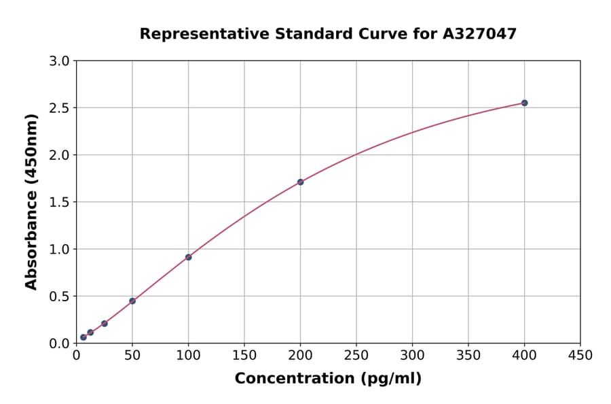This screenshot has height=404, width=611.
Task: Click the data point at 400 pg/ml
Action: click(x=524, y=103)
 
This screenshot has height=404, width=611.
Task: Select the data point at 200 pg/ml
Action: click(x=300, y=182)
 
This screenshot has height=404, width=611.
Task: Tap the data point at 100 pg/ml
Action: click(x=188, y=257)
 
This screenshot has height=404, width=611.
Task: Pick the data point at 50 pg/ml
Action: click(x=132, y=301)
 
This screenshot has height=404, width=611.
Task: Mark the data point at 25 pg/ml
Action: click(x=104, y=323)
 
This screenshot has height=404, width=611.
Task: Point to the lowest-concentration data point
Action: click(x=84, y=337)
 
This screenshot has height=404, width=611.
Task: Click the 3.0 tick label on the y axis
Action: click(x=60, y=61)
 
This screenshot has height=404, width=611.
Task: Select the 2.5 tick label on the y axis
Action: click(x=60, y=108)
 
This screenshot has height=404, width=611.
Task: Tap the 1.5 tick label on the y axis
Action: click(x=60, y=202)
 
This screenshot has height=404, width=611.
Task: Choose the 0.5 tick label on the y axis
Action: click(x=60, y=296)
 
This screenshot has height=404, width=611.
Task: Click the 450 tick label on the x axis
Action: click(x=580, y=355)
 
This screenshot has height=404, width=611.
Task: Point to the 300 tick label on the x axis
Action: click(x=412, y=355)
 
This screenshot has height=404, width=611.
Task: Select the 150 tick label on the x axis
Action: click(x=244, y=355)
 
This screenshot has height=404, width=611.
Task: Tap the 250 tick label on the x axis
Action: click(x=356, y=355)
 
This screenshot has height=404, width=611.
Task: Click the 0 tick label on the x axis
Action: click(x=76, y=355)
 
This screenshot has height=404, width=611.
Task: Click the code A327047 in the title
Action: click(x=480, y=33)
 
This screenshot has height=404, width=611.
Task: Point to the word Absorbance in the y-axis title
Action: click(x=31, y=241)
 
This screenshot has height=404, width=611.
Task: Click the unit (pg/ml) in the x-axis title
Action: click(x=392, y=378)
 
